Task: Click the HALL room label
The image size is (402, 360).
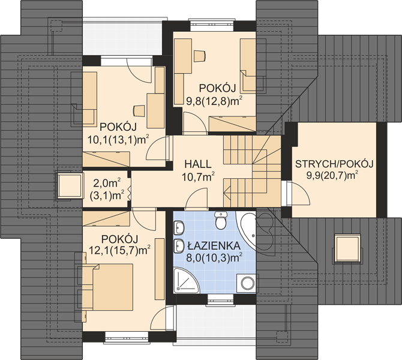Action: point(198,164)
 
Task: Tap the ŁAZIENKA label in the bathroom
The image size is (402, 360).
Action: point(214,245)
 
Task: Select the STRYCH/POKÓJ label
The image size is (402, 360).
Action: point(334,164)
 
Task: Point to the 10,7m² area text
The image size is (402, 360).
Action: point(198,176)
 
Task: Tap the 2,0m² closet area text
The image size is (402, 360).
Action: point(107,184)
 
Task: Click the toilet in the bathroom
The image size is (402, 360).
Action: point(220,220)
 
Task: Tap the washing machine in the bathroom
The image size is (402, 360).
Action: point(247,283)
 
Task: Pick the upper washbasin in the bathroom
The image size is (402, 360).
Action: point(179,227)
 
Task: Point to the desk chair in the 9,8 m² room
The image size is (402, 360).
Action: point(200,56)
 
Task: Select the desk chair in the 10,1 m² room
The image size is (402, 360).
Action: point(139,110)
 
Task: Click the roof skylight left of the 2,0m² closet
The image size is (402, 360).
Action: point(70,186)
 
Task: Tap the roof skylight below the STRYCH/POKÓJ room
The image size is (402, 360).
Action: point(347,249)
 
